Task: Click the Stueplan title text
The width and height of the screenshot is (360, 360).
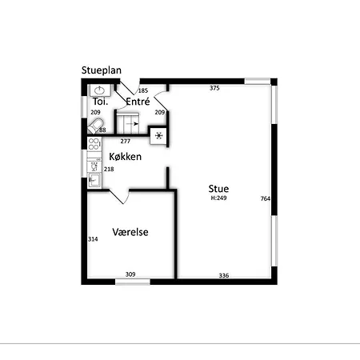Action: coord(102,70)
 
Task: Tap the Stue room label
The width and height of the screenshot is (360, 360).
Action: coord(218,189)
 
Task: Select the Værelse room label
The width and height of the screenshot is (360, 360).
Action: coord(130,232)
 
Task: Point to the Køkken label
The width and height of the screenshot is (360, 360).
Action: coord(126,157)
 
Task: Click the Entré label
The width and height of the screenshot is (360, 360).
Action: coord(138,102)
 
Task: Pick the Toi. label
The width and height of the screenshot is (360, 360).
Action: coord(100,102)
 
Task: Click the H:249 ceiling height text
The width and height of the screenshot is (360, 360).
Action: coord(218,198)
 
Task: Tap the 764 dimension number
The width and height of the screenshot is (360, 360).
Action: coord(266,198)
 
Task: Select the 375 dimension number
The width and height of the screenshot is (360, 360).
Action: coord(214,88)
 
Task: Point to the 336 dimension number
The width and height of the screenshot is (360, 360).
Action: coord(224,275)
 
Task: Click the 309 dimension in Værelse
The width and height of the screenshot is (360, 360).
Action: coord(130,274)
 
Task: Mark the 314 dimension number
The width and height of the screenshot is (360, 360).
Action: coord(93,239)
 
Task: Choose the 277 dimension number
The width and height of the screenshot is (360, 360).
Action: coord(126,141)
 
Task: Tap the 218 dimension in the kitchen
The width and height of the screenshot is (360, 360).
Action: coord(109,169)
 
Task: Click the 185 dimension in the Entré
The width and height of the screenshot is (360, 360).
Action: coord(143,90)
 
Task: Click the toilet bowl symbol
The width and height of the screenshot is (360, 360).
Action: coord(95,126)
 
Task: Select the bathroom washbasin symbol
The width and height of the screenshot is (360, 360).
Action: coord(100,90)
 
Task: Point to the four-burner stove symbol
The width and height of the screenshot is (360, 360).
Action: coord(94,144)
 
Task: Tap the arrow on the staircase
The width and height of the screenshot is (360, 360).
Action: coord(133,124)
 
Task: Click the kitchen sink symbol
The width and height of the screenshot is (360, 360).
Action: coord(94,180)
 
